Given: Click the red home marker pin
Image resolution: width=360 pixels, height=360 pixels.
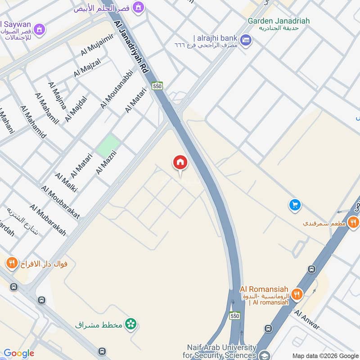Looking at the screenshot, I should point(180,163).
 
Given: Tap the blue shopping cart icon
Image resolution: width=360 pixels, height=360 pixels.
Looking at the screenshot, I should point(295,205).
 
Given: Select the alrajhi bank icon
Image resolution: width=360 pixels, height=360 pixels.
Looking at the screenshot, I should point(246,40).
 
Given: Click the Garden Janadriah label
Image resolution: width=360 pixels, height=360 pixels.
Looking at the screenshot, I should point(279,21).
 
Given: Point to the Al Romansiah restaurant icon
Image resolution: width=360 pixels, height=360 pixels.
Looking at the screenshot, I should point(297,294).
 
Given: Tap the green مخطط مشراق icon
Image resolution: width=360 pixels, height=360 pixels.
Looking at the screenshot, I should point(131,324).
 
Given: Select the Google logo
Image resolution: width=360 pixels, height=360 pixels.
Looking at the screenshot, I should point(18,353).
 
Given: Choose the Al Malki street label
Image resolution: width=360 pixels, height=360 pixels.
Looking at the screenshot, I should point(66,182).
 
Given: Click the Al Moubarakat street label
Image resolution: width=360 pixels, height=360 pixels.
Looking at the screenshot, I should point(60,202).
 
